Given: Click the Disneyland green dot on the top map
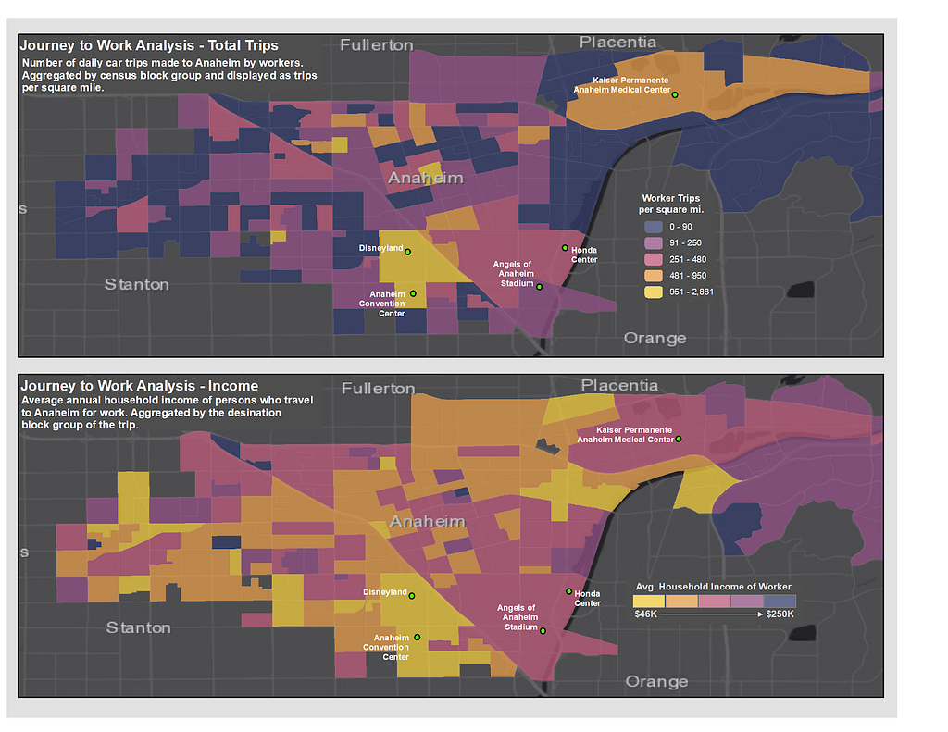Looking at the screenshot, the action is [407, 252].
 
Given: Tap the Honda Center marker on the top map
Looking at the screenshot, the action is [565, 248].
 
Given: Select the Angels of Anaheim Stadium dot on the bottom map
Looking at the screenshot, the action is [543, 630].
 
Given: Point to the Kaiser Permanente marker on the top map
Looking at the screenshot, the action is [675, 95].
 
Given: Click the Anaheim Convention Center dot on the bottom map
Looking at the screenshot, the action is [418, 637].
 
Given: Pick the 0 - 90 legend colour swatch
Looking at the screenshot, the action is [654, 227].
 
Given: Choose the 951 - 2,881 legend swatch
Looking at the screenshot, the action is [654, 292].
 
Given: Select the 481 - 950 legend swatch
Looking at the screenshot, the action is [654, 276].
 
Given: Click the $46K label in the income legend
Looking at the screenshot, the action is [645, 614].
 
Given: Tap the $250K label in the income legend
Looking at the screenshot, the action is [780, 614].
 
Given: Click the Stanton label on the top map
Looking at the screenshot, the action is [137, 284].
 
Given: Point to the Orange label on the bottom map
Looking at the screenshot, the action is [656, 681].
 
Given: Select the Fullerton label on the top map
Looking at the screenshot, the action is [377, 44].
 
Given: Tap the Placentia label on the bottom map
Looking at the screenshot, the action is [619, 385].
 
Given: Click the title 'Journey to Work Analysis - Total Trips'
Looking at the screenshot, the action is [149, 45].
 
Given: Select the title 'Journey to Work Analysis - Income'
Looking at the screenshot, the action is [140, 386].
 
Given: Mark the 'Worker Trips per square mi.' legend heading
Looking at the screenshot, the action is [671, 204].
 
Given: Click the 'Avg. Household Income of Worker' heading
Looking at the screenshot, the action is [714, 587].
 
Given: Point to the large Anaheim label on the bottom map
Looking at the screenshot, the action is [428, 521].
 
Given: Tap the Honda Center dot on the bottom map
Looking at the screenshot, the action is [569, 591].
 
